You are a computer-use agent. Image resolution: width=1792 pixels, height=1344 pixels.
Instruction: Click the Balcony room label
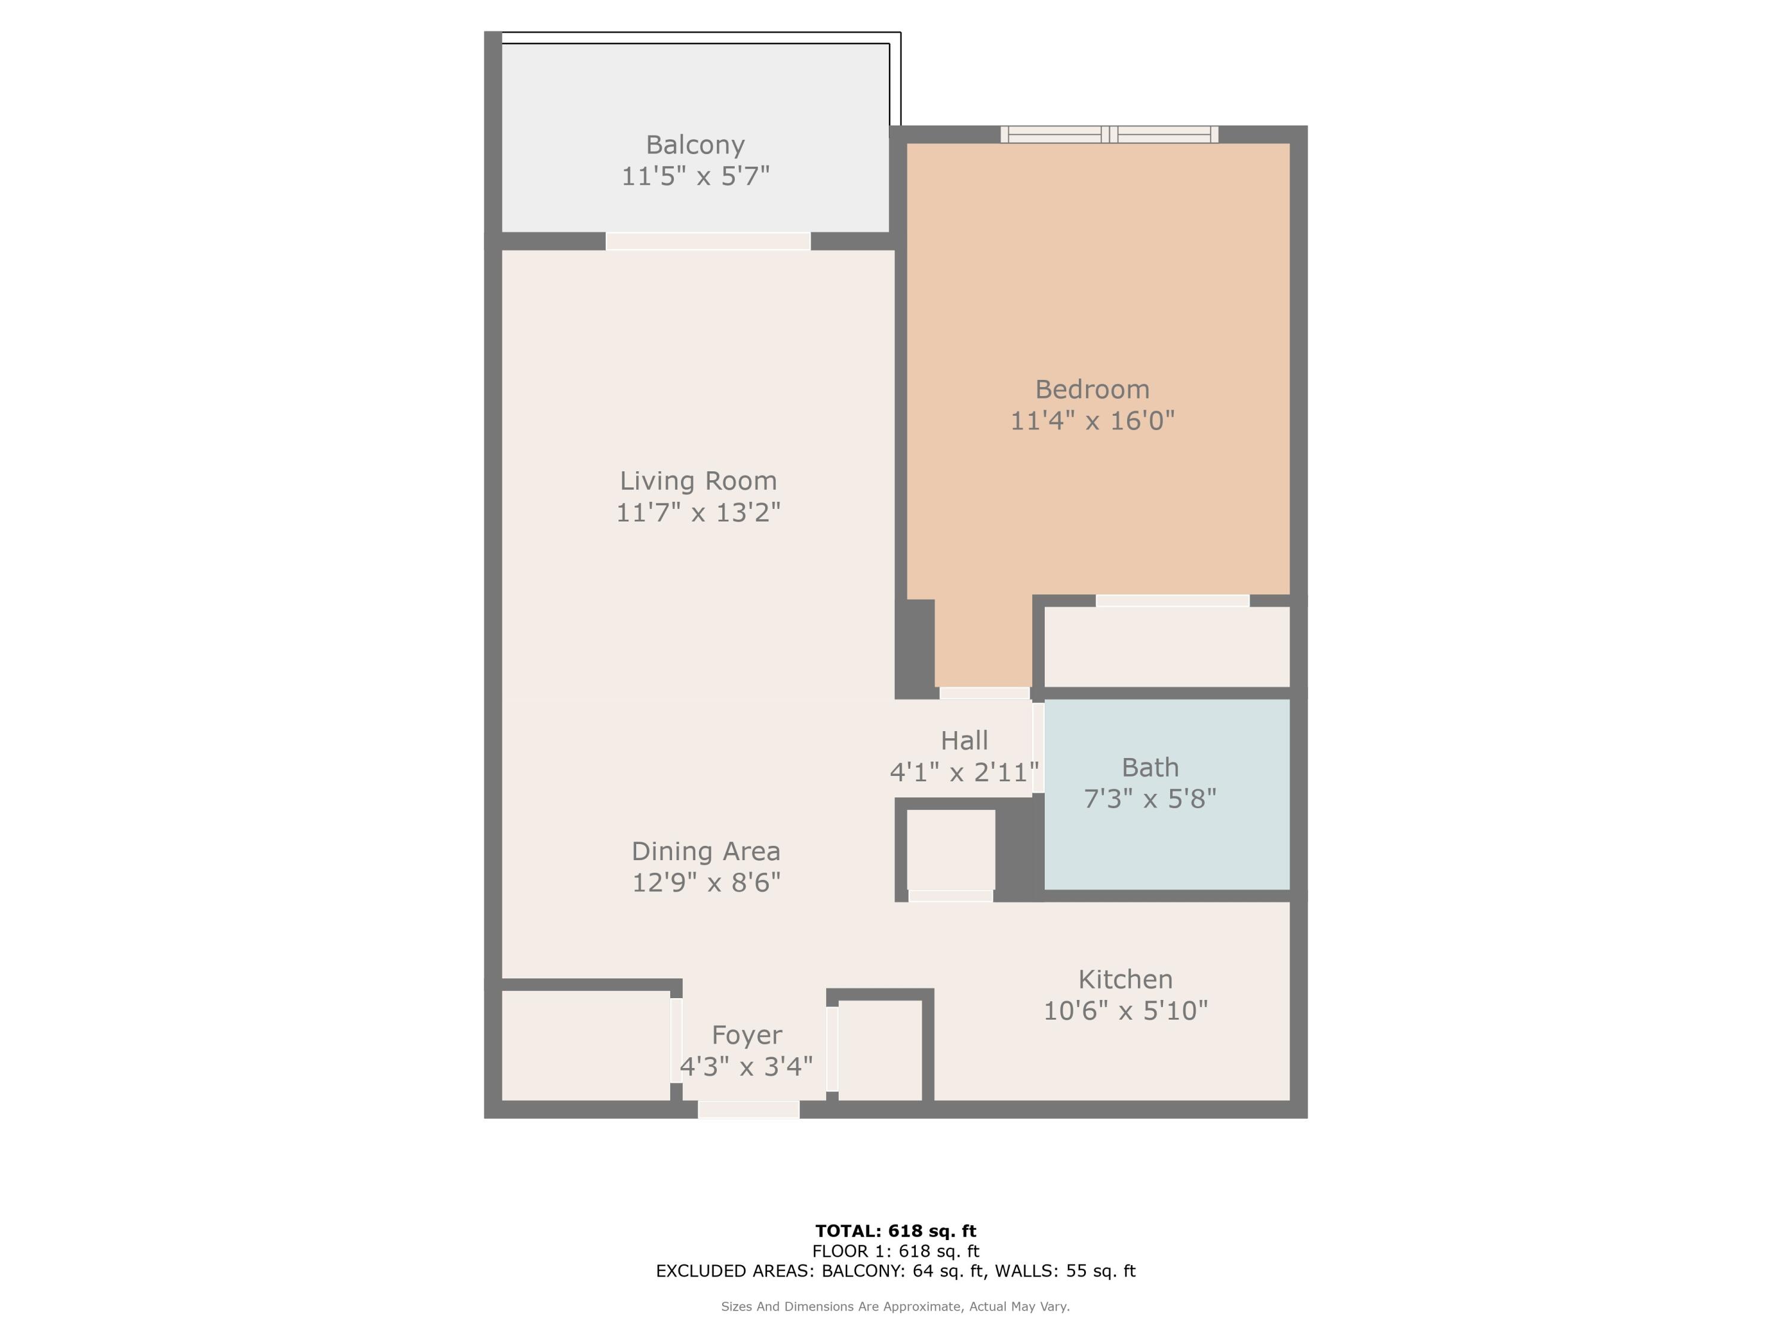(x=695, y=145)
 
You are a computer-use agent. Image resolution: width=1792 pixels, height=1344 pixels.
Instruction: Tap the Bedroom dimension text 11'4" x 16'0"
(x=1092, y=421)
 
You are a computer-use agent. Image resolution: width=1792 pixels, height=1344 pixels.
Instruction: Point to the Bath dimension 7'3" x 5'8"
(x=1150, y=799)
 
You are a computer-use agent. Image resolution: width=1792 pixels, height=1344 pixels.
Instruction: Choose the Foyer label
(x=746, y=1035)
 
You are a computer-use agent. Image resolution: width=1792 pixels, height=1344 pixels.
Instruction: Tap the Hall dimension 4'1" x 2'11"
(x=964, y=772)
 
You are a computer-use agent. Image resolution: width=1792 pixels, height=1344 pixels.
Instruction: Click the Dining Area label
(x=705, y=851)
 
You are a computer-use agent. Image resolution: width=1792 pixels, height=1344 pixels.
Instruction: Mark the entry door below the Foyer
(x=748, y=1109)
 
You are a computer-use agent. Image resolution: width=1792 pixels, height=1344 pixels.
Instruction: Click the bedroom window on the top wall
(x=1109, y=134)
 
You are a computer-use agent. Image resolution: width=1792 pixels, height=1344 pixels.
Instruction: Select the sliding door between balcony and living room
(x=708, y=241)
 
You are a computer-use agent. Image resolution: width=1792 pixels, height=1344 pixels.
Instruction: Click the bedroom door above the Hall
(x=984, y=693)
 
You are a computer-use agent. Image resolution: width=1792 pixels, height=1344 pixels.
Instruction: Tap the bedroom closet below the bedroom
(x=1167, y=646)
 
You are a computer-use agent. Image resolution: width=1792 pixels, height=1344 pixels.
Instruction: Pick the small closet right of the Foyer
(x=880, y=1050)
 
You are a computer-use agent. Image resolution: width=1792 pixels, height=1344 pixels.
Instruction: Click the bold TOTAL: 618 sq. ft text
(x=895, y=1231)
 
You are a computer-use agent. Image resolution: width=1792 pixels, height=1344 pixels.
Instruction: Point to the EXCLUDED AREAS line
(x=895, y=1271)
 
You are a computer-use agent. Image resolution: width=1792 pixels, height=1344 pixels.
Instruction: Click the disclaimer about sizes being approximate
(x=895, y=1306)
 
